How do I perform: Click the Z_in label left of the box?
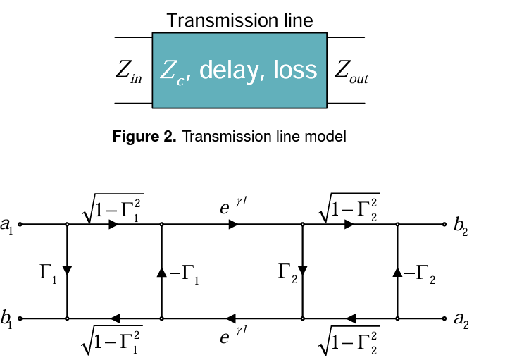point(128,71)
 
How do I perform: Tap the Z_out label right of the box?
point(351,71)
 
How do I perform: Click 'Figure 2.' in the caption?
point(144,137)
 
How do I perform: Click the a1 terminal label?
point(7,225)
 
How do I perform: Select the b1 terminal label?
point(6,318)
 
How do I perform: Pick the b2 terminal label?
point(461,226)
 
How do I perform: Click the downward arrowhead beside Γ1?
point(67,271)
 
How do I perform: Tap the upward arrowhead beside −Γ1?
point(162,272)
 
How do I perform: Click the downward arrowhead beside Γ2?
point(303,271)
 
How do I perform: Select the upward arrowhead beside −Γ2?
point(397,272)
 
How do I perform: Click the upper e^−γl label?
point(233,206)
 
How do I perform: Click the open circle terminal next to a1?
point(20,224)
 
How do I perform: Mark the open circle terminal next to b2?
point(444,224)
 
